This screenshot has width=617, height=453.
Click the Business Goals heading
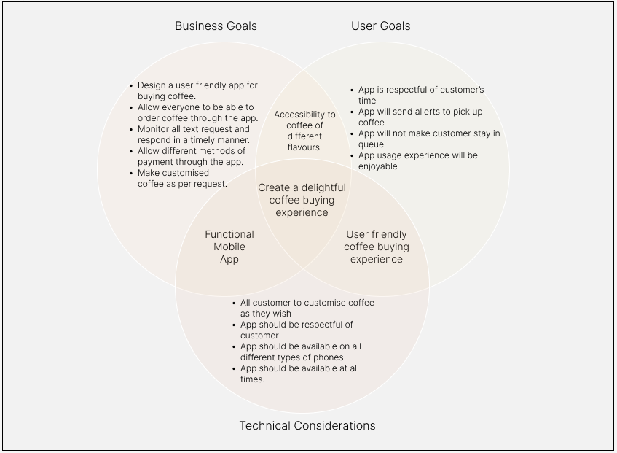[x=216, y=26]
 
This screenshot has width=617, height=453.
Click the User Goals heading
[x=380, y=26]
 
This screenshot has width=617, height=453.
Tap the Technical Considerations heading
[x=307, y=425]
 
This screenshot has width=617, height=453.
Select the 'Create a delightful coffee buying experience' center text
[x=302, y=200]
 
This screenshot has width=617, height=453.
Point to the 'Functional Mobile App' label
[x=229, y=247]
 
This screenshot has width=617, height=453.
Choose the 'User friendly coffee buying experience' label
[x=377, y=247]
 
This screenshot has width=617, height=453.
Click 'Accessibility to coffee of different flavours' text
[x=304, y=131]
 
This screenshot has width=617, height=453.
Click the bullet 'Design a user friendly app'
[x=197, y=90]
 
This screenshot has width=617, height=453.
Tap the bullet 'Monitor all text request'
[x=194, y=134]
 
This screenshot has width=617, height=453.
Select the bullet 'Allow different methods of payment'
[x=190, y=156]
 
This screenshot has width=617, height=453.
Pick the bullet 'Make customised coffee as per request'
[x=182, y=178]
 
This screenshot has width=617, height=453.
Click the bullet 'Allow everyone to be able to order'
[x=197, y=112]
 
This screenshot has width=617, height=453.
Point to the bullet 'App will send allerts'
[x=420, y=117]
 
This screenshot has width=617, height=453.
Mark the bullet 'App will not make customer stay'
[x=428, y=139]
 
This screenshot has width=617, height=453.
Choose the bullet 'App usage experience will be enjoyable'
[x=417, y=160]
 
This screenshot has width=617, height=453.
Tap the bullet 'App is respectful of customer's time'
[x=420, y=95]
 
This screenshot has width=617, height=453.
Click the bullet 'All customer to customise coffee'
[x=307, y=308]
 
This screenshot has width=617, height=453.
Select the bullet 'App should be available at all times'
[x=299, y=373]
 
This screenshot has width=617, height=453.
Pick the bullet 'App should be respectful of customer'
[x=296, y=330]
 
